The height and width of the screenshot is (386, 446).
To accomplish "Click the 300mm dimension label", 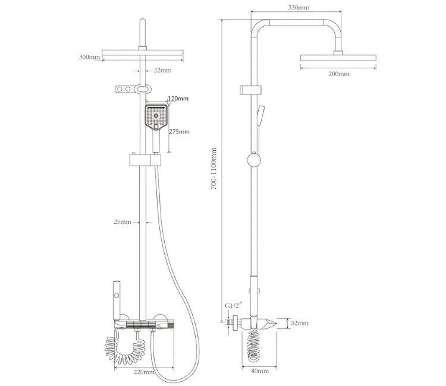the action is (x=90, y=57).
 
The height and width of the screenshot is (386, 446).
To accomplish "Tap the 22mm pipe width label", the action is (x=163, y=70).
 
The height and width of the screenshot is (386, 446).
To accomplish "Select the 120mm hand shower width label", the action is (x=178, y=99).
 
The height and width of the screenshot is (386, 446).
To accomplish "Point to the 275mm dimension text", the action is (x=179, y=131).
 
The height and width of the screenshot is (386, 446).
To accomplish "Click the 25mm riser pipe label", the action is (x=123, y=222).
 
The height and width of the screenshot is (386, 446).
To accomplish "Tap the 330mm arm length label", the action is (x=299, y=8).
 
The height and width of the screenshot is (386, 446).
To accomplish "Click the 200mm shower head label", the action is (x=339, y=74).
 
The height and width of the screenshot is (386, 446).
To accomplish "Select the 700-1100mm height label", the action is (x=214, y=169).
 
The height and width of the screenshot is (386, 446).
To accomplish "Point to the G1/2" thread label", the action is (x=233, y=306).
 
